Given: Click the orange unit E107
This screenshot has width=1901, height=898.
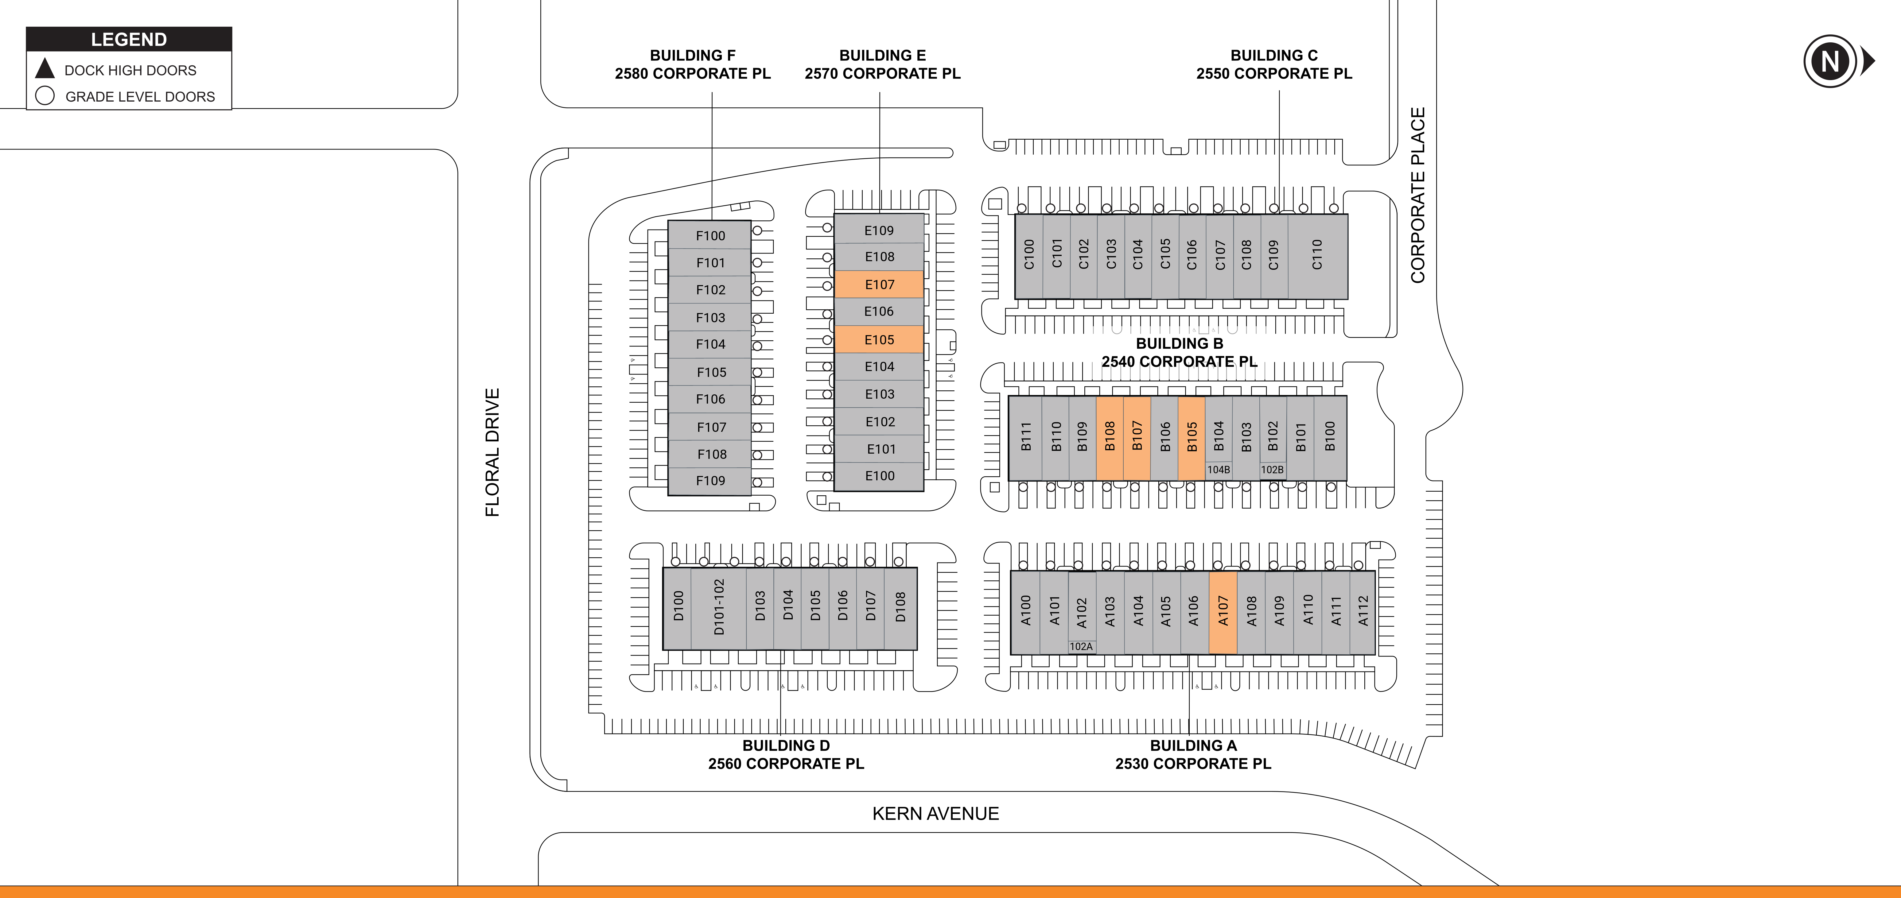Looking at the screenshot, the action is tap(879, 284).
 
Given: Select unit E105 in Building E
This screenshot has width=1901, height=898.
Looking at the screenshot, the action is tap(879, 339).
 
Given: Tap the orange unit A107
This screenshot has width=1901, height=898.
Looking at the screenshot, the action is tap(1223, 612).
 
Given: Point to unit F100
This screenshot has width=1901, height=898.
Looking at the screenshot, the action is tap(710, 235).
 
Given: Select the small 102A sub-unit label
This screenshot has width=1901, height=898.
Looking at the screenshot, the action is tap(1081, 646).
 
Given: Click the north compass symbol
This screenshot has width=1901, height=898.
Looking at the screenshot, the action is tap(1830, 61).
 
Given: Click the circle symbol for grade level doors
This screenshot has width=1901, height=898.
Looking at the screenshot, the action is tap(45, 96).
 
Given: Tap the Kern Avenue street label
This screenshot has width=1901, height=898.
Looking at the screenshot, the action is tap(936, 814).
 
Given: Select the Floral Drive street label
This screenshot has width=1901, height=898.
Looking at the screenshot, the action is tap(492, 452).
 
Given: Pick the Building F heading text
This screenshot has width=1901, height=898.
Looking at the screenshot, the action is tap(692, 55).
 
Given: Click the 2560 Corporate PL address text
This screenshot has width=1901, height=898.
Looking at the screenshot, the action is tap(786, 764).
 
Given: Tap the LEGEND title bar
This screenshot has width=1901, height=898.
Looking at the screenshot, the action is tap(129, 39).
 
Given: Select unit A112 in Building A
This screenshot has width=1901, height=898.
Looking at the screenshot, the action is tap(1363, 612).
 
